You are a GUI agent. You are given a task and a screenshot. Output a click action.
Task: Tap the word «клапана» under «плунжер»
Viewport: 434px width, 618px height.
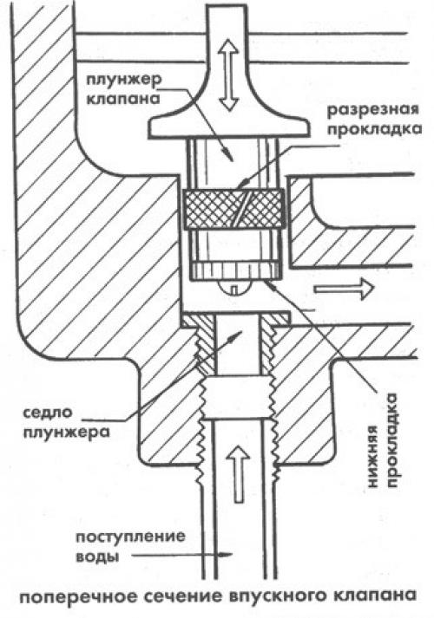[123, 99]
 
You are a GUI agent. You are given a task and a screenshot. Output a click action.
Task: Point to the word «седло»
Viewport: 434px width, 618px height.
[48, 413]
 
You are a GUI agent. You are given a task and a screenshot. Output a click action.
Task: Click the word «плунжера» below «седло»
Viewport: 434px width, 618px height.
[66, 433]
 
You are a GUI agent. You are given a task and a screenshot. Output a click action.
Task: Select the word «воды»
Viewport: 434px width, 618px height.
[96, 557]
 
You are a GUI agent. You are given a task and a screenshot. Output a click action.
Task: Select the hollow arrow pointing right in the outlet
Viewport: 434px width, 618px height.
[343, 289]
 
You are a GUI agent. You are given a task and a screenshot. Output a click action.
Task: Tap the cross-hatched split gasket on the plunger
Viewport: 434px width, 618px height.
[233, 209]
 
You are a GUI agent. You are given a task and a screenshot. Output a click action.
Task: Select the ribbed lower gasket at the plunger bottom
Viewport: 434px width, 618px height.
[235, 270]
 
